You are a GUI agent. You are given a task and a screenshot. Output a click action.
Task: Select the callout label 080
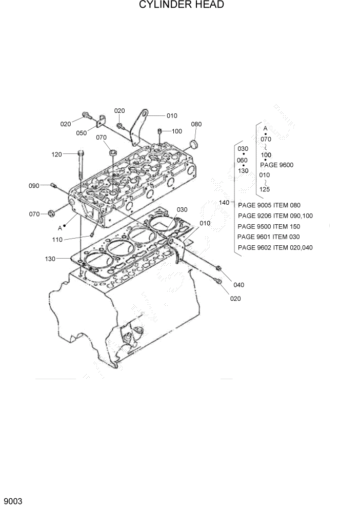(196, 124)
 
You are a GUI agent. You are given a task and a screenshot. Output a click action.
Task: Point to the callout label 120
(56, 153)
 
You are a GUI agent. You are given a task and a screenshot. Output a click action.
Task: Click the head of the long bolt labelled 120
(81, 152)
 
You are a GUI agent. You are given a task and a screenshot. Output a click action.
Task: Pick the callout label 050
(82, 133)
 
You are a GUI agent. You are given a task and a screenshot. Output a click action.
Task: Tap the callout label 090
(34, 185)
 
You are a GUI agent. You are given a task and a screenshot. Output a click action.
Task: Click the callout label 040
(239, 285)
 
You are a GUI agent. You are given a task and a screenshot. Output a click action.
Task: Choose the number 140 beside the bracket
(224, 203)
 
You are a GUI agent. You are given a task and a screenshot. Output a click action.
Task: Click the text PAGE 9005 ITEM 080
(269, 205)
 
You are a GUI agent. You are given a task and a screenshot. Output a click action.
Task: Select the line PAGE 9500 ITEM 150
(269, 226)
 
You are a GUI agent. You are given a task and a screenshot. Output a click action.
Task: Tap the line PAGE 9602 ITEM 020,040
(275, 248)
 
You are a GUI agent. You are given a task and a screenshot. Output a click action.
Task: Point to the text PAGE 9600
(276, 165)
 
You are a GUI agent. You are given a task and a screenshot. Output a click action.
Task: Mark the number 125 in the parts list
(265, 189)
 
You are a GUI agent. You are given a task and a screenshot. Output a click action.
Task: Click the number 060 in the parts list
(243, 160)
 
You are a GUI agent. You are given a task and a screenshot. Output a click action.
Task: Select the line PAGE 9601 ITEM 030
(269, 237)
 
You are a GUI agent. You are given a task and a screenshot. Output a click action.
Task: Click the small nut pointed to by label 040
(218, 268)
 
